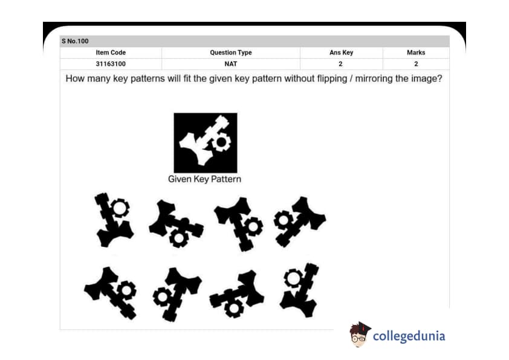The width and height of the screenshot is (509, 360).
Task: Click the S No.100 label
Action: point(75,41)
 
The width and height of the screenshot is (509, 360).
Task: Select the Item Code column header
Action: point(111,53)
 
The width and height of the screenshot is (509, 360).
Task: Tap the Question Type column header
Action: point(231,53)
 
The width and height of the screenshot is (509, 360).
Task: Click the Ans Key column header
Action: point(341,53)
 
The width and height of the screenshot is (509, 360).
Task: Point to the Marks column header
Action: point(416,53)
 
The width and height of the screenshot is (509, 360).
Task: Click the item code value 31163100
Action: point(111,64)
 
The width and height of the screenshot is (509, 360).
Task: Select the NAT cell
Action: point(231,64)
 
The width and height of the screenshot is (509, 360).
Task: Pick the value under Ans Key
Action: point(340,64)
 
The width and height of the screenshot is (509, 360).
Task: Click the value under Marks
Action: point(416,64)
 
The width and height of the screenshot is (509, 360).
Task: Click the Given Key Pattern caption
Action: point(204,179)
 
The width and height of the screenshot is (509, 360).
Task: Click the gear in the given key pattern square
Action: point(221,142)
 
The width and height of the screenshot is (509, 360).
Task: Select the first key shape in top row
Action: point(114,220)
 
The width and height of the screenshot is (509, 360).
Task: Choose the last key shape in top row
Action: point(299,221)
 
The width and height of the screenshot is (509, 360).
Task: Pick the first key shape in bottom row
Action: point(111,293)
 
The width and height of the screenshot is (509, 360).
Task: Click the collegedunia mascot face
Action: point(359,335)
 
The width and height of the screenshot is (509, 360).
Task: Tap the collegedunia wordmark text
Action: point(409,336)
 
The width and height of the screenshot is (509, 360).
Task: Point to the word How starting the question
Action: point(75,79)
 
